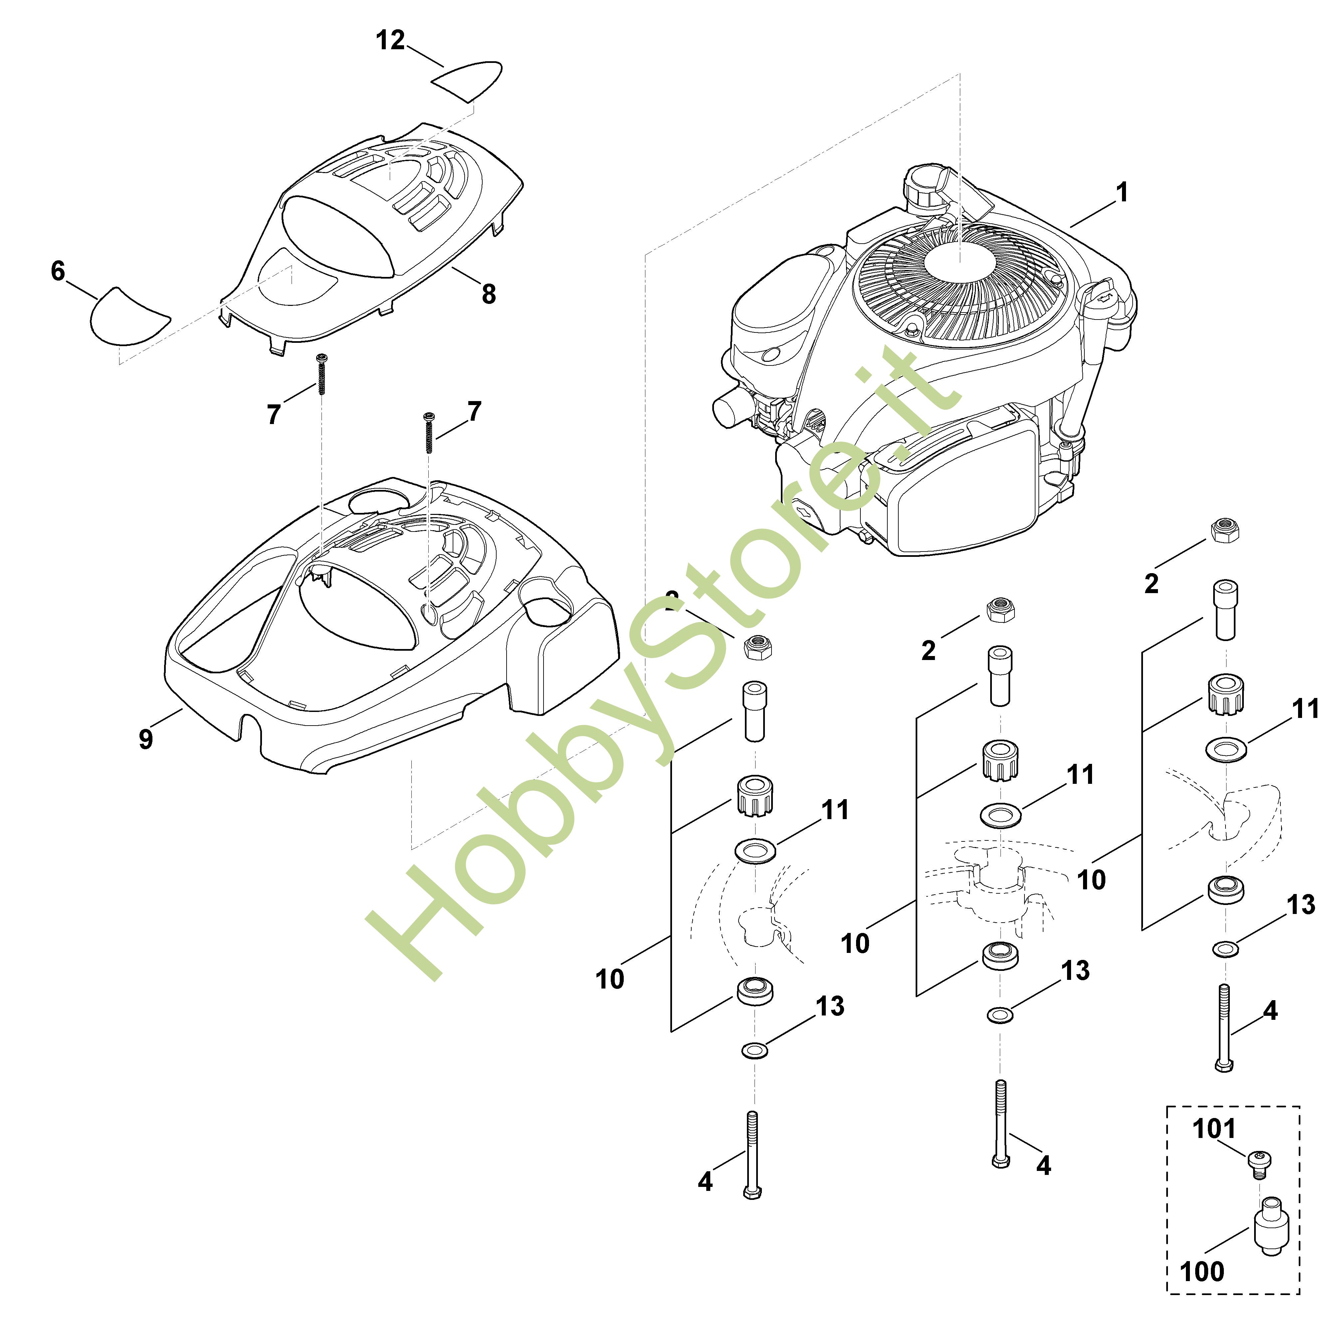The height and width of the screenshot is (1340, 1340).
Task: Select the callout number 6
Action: (x=58, y=271)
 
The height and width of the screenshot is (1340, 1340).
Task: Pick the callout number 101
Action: (x=1214, y=1128)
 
